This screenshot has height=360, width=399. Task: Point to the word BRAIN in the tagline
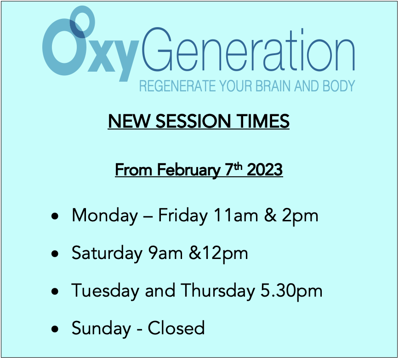click(280, 86)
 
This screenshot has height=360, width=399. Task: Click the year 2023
click(264, 170)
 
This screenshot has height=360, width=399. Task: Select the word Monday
click(105, 215)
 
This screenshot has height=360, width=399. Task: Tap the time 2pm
click(300, 216)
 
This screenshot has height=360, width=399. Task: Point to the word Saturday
click(107, 253)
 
